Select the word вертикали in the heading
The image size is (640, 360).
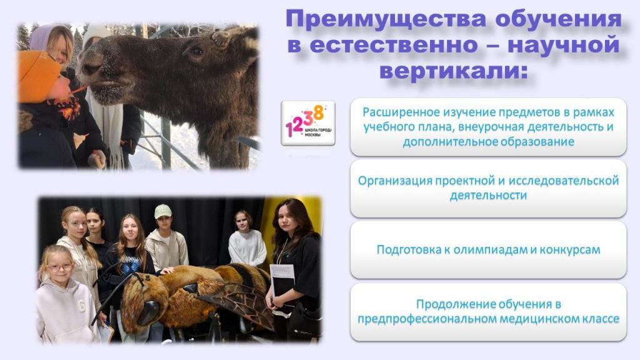[x=451, y=71]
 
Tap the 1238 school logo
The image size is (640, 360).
[x=308, y=123]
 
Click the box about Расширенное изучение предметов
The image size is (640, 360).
[x=488, y=127]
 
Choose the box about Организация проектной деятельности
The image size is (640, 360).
[x=488, y=188]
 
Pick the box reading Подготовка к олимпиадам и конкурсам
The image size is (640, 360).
[x=488, y=250]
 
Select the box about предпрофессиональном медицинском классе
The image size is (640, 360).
[x=488, y=312]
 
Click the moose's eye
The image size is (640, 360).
[x=197, y=51]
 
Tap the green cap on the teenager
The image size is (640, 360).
[x=162, y=211]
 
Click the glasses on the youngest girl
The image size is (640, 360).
[x=59, y=267]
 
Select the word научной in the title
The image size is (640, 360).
[x=564, y=45]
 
